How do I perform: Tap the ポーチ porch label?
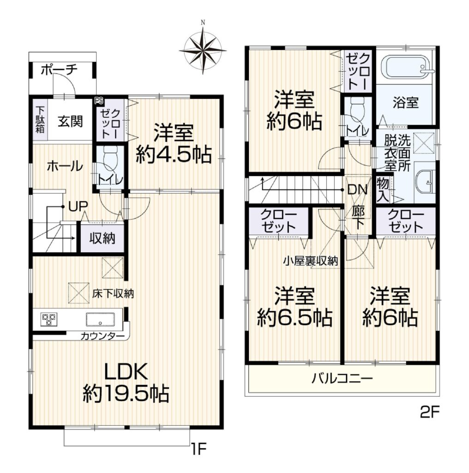(59, 70)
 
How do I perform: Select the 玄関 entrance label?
(70, 121)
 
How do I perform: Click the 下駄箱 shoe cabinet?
(40, 120)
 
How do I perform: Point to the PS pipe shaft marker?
(98, 101)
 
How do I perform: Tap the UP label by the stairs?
(78, 206)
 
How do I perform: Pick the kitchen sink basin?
(100, 319)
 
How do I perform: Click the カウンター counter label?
(102, 336)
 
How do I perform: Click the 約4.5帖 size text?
(173, 155)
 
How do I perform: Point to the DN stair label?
(357, 190)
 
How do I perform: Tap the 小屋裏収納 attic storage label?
(310, 261)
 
